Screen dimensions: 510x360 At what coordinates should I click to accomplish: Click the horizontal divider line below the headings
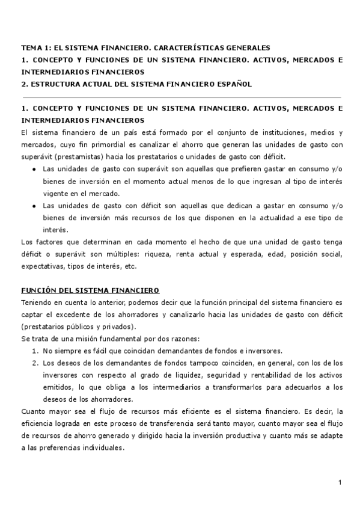point(180,97)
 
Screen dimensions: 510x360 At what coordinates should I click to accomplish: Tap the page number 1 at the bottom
point(340,483)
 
